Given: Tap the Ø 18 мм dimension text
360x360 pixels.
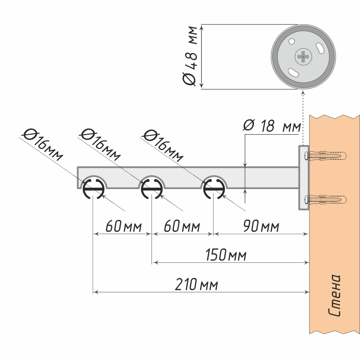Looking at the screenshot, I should point(272,126).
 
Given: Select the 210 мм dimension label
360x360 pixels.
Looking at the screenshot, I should point(197,285).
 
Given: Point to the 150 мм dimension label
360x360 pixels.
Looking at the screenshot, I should point(226,256).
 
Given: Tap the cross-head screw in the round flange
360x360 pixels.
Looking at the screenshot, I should point(303,57).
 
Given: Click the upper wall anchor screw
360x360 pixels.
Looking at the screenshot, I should point(325,156).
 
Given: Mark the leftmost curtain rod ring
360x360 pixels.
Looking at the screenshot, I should point(94,188).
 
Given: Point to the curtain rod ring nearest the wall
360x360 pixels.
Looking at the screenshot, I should point(214,188).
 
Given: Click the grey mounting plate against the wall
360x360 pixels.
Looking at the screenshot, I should point(303,178).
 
